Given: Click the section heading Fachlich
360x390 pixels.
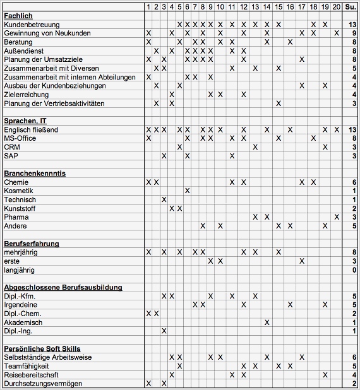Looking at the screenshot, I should pos(18,15).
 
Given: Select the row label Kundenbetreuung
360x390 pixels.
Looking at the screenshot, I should pos(31,24).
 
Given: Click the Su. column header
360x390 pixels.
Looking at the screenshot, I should pos(351,6).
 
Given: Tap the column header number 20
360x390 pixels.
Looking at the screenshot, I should pos(337,6).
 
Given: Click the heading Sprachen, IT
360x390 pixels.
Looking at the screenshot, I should pos(25,121).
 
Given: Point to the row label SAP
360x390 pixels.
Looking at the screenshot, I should pos(11,155).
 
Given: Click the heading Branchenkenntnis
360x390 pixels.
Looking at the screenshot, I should pos(35,173).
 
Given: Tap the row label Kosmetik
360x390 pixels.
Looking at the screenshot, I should pos(18,191).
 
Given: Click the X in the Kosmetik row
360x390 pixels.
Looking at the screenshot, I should pos(188,191).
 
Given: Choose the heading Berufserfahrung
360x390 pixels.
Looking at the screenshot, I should pos(32,243).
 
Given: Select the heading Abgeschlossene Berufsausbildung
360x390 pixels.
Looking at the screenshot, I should pos(63,287).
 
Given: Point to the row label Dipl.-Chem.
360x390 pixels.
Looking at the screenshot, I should pos(23,314).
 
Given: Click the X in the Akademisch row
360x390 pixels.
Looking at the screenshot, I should pos(267,322).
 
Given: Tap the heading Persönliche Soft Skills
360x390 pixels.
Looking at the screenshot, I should pos(42,348).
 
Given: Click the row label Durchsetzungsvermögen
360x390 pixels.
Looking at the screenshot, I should pos(43,384).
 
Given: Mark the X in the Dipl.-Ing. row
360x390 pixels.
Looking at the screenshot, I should pos(164,331).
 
